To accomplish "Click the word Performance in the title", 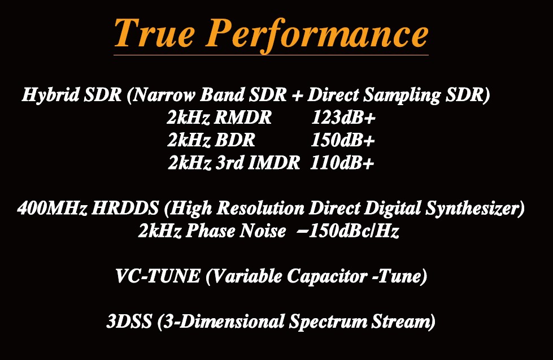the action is point(317,35).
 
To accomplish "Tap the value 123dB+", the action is point(343,118).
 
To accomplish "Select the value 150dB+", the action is point(342,140).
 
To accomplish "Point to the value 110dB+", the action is point(342,163).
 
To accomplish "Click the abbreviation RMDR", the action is point(243,118).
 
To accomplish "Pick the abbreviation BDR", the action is point(234,140).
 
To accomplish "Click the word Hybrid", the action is point(51,96).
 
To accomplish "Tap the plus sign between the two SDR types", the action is point(297,96).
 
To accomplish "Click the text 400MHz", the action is point(52,208).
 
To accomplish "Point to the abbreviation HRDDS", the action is point(125,208).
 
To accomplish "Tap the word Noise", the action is point(263,231).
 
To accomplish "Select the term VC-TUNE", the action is point(158,276).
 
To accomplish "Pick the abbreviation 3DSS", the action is point(129,322).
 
